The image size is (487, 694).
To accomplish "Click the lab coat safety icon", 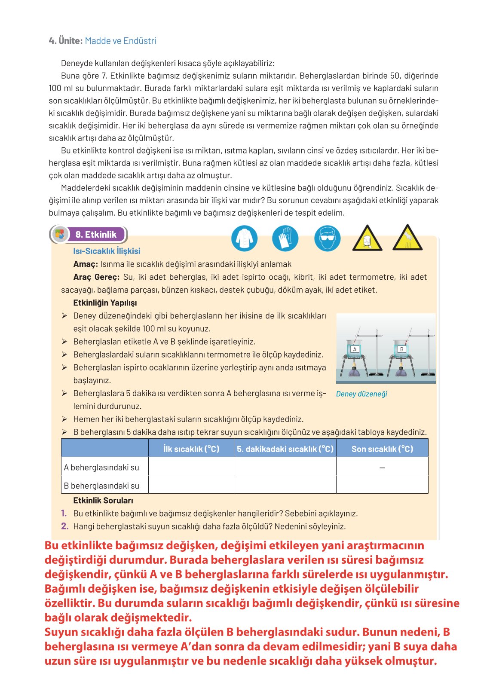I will tap(244, 238).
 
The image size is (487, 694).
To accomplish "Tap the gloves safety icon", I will tap(285, 238).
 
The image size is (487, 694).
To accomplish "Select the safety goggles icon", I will tap(327, 238).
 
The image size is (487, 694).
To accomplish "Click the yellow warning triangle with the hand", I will tap(407, 238).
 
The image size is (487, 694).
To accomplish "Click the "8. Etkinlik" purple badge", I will tap(95, 235).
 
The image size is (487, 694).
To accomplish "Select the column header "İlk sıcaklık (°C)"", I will tap(191, 449).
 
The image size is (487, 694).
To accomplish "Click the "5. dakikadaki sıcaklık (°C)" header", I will tap(285, 449).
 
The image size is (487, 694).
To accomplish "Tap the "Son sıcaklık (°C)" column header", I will tap(382, 449).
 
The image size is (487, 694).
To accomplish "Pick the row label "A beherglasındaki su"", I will tap(101, 467).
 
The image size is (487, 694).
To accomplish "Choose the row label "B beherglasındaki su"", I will tap(101, 486).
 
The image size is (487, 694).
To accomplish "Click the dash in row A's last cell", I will tap(382, 467).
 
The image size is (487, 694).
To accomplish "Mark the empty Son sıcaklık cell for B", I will tap(382, 485).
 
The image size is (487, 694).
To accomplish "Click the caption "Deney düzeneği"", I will tap(361, 394).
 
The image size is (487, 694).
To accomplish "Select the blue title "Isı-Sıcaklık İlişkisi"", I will tap(107, 251).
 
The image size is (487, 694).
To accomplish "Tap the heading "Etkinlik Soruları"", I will tap(103, 500).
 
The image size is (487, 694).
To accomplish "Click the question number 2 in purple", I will tap(65, 526).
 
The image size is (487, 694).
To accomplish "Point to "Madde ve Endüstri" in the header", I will tap(120, 41).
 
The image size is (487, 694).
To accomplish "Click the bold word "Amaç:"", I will tap(86, 264).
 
